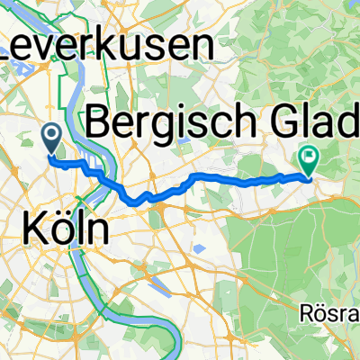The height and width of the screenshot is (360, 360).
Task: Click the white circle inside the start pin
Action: coord(52,134)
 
